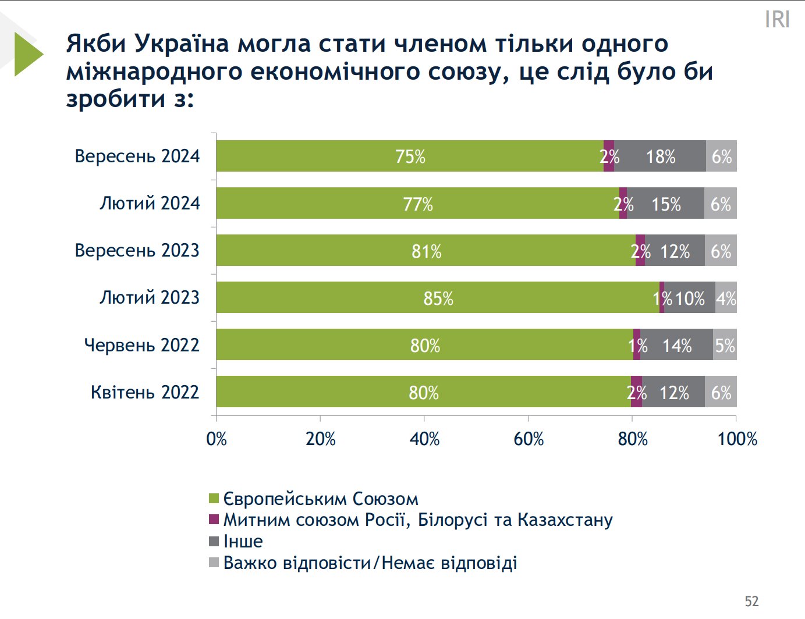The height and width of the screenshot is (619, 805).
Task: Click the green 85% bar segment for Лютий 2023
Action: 438,297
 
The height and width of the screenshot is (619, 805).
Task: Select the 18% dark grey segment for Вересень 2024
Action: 660,156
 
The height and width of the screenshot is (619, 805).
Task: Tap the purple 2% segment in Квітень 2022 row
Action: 636,392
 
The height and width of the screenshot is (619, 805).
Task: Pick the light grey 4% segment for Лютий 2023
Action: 726,297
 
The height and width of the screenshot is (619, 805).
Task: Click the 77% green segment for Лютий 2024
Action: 418,203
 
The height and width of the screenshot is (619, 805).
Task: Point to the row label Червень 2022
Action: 141,345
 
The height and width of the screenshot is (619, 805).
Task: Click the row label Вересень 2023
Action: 137,250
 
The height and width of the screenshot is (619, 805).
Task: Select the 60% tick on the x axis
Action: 529,438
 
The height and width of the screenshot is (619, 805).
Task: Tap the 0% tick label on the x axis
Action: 217,438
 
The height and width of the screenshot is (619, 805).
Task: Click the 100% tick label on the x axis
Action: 737,438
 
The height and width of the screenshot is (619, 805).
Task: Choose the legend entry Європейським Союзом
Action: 320,499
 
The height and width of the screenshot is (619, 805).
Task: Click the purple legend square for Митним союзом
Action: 214,519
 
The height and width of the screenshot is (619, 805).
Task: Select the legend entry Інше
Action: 243,541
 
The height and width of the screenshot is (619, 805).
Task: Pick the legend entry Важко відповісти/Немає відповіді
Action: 370,563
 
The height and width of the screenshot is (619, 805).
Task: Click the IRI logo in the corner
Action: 777,19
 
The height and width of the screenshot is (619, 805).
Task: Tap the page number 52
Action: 751,601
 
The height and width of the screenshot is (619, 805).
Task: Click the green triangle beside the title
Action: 27,54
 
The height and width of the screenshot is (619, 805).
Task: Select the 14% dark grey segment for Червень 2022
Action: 676,345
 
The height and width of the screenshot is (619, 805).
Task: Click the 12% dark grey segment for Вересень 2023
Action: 675,250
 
